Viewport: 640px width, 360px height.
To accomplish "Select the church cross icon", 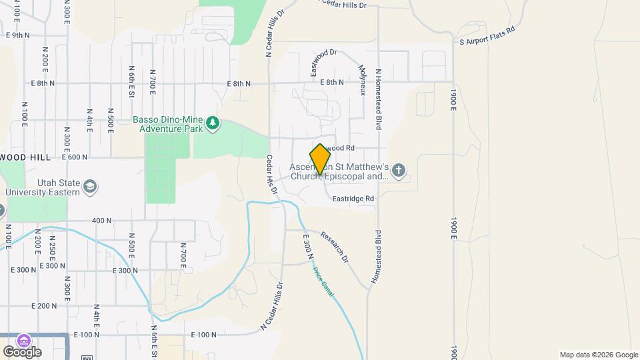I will [x=399, y=171].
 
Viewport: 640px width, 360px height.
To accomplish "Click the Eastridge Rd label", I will [x=353, y=198].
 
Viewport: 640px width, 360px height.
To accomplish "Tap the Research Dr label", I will [x=334, y=246].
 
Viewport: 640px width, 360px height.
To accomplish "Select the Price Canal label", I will [x=324, y=280].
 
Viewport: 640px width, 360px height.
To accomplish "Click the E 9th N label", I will [x=18, y=35].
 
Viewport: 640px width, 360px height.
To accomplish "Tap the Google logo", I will [x=22, y=351].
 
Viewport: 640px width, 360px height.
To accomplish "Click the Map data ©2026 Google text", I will [x=598, y=355].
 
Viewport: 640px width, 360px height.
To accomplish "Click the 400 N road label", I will [x=102, y=221].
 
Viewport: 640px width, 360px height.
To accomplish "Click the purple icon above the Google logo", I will [x=23, y=340].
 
